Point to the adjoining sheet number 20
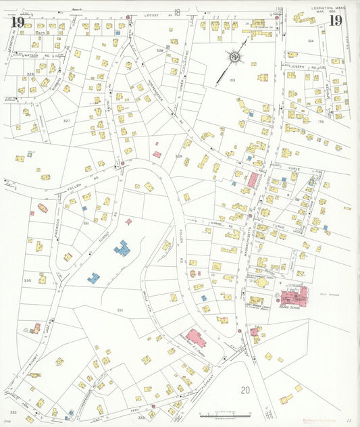pos(245,390)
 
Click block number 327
pos(66,120)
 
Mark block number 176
pos(322,122)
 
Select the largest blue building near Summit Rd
pos(122,249)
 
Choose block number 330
pos(27,280)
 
